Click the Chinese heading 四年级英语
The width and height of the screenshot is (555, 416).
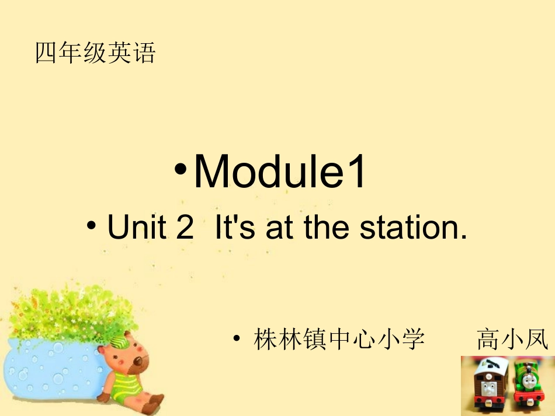click(x=95, y=53)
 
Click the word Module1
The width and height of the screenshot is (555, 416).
click(x=280, y=172)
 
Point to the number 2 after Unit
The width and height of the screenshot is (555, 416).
click(x=185, y=228)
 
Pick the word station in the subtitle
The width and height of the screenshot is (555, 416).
click(x=413, y=228)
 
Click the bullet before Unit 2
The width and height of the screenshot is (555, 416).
click(x=92, y=225)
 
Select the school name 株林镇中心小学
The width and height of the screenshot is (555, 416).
click(x=339, y=340)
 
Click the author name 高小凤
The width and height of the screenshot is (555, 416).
click(x=512, y=340)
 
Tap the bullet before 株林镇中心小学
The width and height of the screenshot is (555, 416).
click(x=237, y=338)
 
